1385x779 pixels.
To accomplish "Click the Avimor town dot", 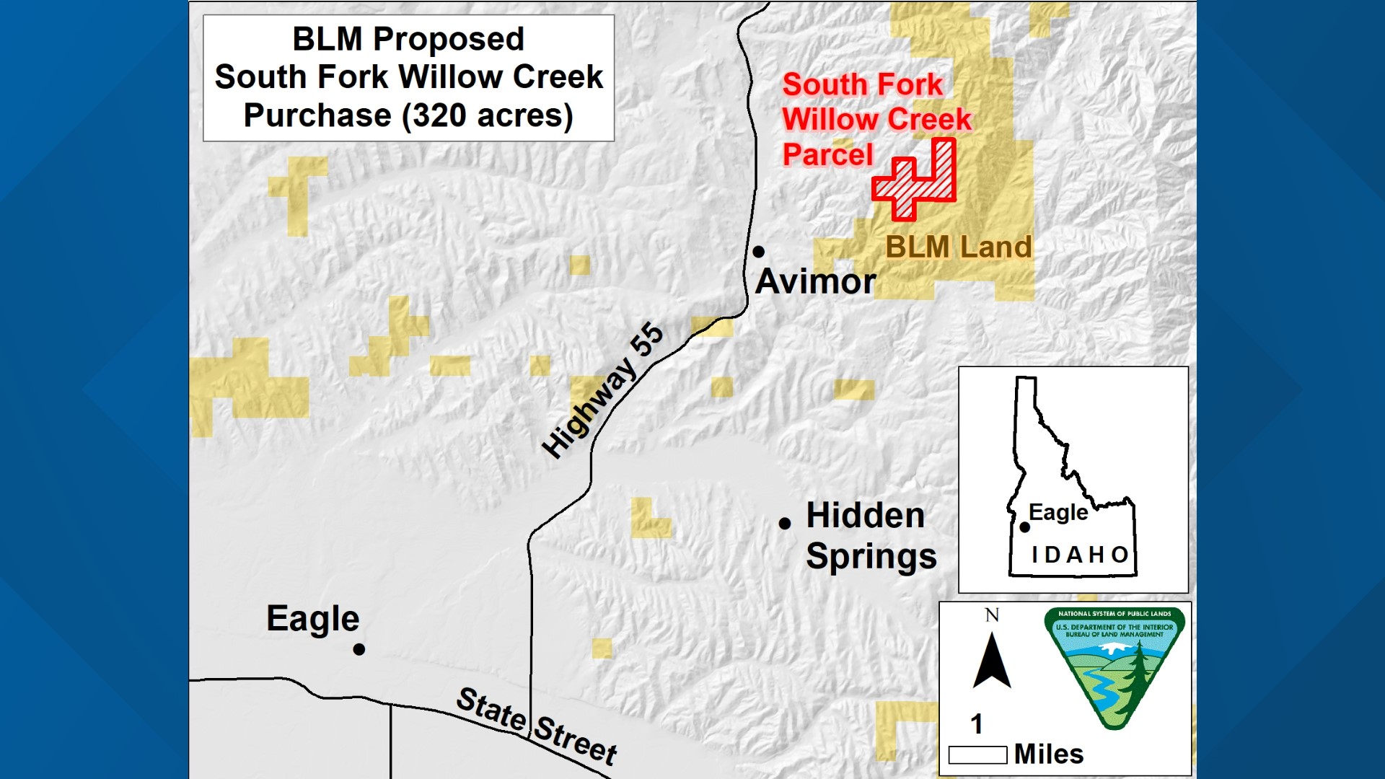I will pyautogui.click(x=758, y=252).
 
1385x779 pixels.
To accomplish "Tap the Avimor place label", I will pyautogui.click(x=815, y=281).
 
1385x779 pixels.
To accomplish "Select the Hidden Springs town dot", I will pyautogui.click(x=785, y=524).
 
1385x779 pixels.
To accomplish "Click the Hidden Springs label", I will pyautogui.click(x=871, y=536).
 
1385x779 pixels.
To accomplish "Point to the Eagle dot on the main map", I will pyautogui.click(x=359, y=649).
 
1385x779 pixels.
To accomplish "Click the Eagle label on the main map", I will pyautogui.click(x=312, y=619).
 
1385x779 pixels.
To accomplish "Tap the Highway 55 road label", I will pyautogui.click(x=602, y=391).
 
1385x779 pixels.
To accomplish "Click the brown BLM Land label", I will pyautogui.click(x=958, y=247).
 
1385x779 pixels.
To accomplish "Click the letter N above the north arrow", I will pyautogui.click(x=992, y=615).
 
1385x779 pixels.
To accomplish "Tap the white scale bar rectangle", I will pyautogui.click(x=977, y=755).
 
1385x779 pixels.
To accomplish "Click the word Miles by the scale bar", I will pyautogui.click(x=1048, y=754).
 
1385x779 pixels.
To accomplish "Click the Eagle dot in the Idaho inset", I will pyautogui.click(x=1024, y=527).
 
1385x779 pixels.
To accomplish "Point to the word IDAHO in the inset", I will pyautogui.click(x=1079, y=555).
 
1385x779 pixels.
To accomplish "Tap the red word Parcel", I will pyautogui.click(x=827, y=154).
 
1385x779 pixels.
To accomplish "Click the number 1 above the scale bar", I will pyautogui.click(x=977, y=723).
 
